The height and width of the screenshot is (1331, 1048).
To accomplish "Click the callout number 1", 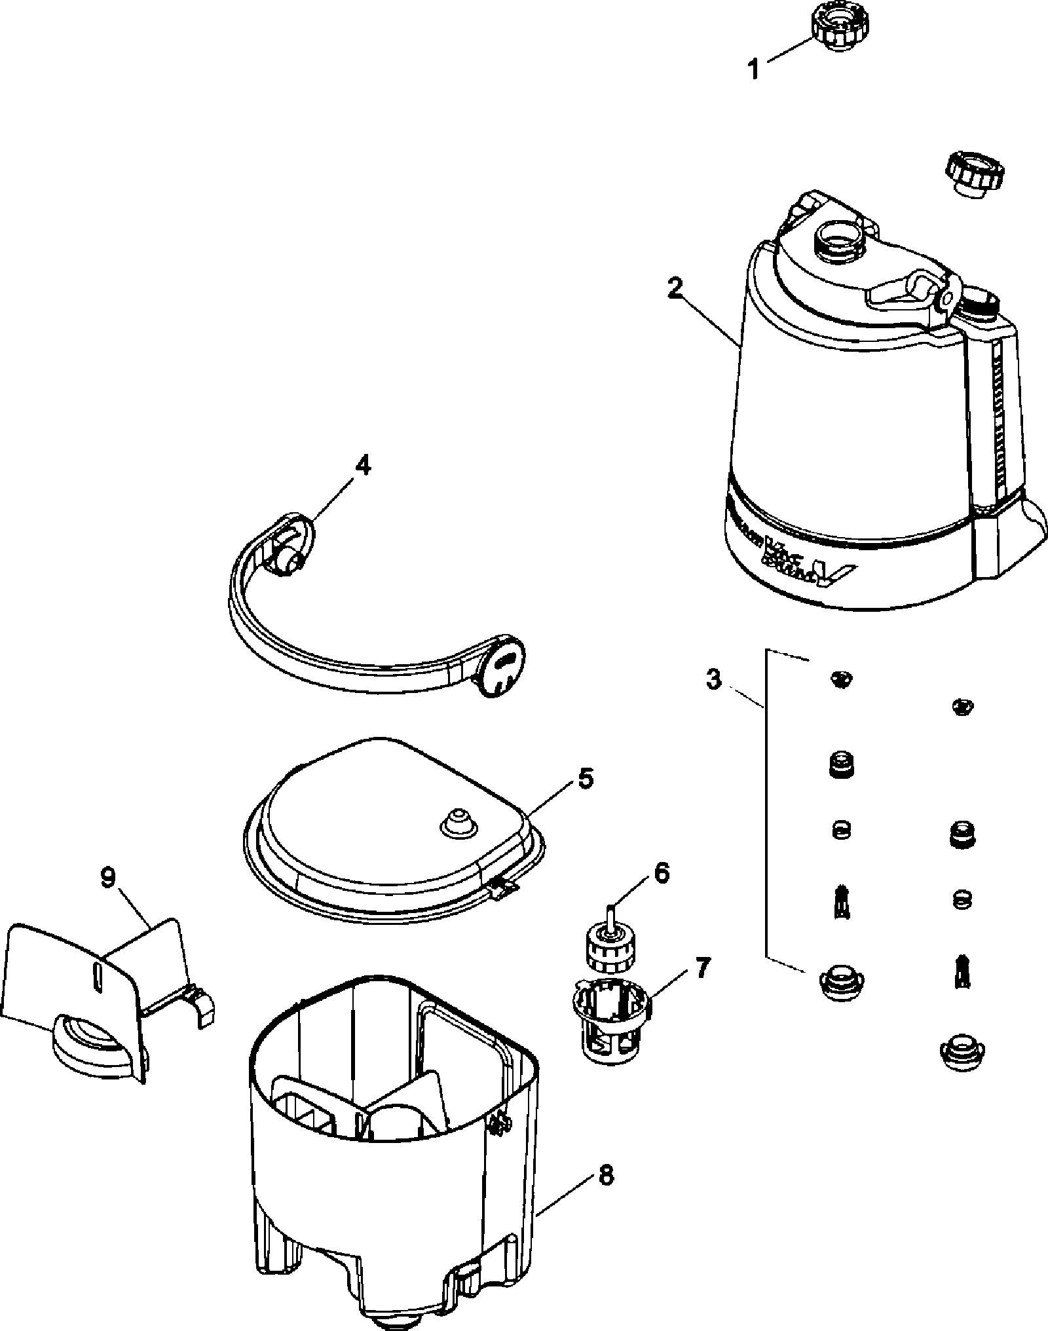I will click(x=754, y=69).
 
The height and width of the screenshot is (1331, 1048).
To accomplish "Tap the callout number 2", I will click(x=675, y=288).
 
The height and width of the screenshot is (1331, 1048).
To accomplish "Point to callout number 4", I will click(x=362, y=466).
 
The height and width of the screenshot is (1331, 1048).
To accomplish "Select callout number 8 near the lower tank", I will click(x=606, y=1176).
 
